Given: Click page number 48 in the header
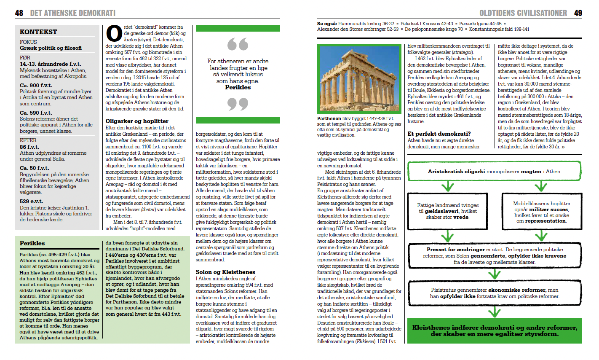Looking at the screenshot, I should [x=19, y=13].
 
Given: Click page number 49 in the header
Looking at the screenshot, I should [x=578, y=13].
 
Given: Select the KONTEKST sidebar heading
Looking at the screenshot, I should [x=38, y=32].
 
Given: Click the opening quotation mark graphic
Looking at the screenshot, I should [x=238, y=44].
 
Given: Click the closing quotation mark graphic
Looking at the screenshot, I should [x=238, y=104].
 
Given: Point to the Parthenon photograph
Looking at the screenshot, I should [x=359, y=79].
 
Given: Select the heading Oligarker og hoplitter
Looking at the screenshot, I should [x=137, y=121].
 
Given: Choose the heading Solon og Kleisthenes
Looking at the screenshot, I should [x=225, y=272].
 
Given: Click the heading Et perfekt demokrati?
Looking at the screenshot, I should [x=439, y=134].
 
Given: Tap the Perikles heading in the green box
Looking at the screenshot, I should [x=32, y=243].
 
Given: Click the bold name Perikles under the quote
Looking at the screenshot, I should [x=238, y=87].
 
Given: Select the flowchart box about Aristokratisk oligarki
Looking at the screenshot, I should [x=494, y=172].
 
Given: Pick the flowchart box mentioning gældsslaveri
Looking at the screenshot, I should [x=447, y=211].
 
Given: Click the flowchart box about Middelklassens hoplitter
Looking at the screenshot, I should [x=541, y=212].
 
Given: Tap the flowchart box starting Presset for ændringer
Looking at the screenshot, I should [x=494, y=255].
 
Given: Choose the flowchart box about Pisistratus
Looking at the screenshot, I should [x=494, y=293].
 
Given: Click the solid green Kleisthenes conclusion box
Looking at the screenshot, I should [x=494, y=330].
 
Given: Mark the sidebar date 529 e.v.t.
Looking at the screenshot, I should [x=31, y=201].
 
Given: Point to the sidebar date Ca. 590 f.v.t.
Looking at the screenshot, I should [x=36, y=113].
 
